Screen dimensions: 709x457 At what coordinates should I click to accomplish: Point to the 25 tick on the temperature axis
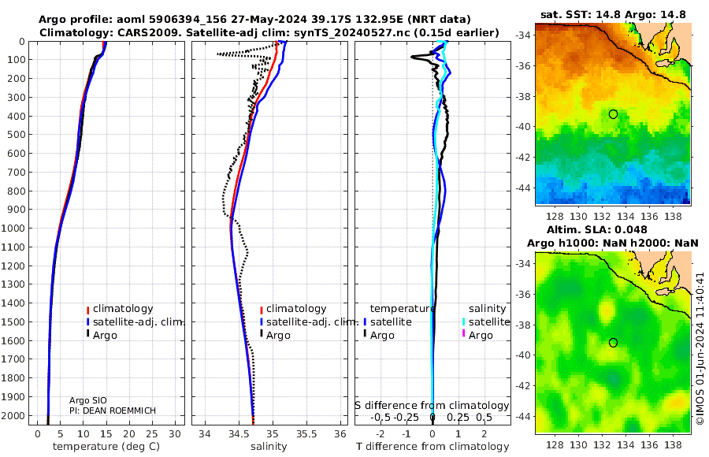click(x=152, y=434)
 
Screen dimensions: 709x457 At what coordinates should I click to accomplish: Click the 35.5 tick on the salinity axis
click(x=306, y=434)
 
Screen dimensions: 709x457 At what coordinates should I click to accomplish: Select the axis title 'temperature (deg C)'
click(x=106, y=447)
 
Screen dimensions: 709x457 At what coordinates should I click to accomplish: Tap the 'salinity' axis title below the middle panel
click(x=269, y=447)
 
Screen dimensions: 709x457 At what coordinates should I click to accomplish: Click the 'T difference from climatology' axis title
click(x=432, y=447)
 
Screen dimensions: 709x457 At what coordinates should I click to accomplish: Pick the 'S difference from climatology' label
click(x=432, y=406)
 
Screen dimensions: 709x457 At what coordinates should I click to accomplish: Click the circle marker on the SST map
click(x=613, y=114)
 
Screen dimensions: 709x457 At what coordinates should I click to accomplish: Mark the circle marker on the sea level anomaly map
click(x=613, y=343)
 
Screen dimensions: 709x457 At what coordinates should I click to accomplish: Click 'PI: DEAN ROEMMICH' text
click(x=113, y=411)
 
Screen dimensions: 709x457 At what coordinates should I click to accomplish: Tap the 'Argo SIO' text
click(x=88, y=400)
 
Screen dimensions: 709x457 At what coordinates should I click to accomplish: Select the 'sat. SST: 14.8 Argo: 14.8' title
click(x=613, y=14)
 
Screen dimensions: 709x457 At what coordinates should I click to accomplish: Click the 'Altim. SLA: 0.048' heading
click(x=597, y=230)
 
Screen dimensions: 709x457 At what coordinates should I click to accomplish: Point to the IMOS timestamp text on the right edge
click(x=700, y=348)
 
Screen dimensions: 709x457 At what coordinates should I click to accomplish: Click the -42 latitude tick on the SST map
click(x=524, y=158)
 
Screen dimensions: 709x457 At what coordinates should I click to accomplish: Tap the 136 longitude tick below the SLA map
click(x=649, y=444)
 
